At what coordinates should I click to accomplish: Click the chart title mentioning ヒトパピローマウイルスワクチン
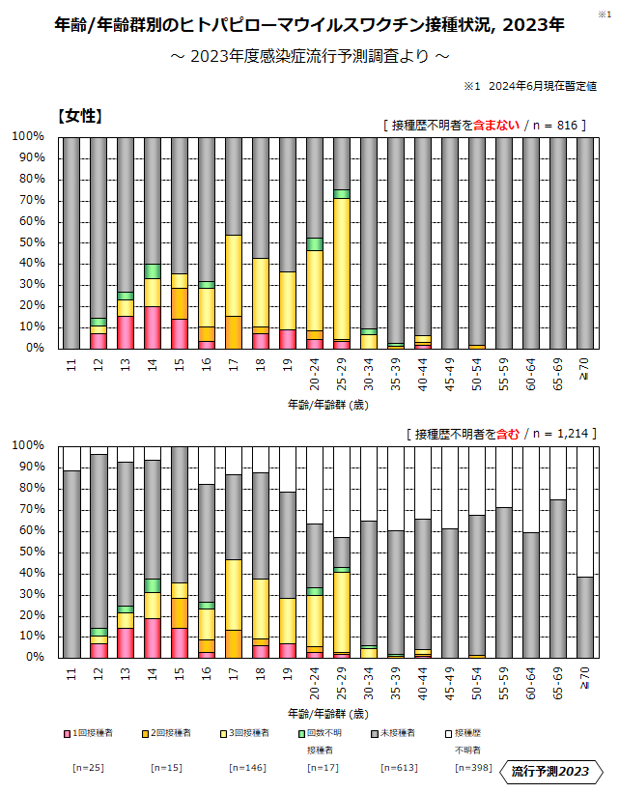click(309, 25)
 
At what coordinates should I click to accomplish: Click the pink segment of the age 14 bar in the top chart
click(153, 327)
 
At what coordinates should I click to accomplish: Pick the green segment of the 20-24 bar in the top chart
click(315, 244)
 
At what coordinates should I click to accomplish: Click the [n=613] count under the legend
click(381, 769)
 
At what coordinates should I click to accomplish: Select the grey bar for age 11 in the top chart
click(71, 242)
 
